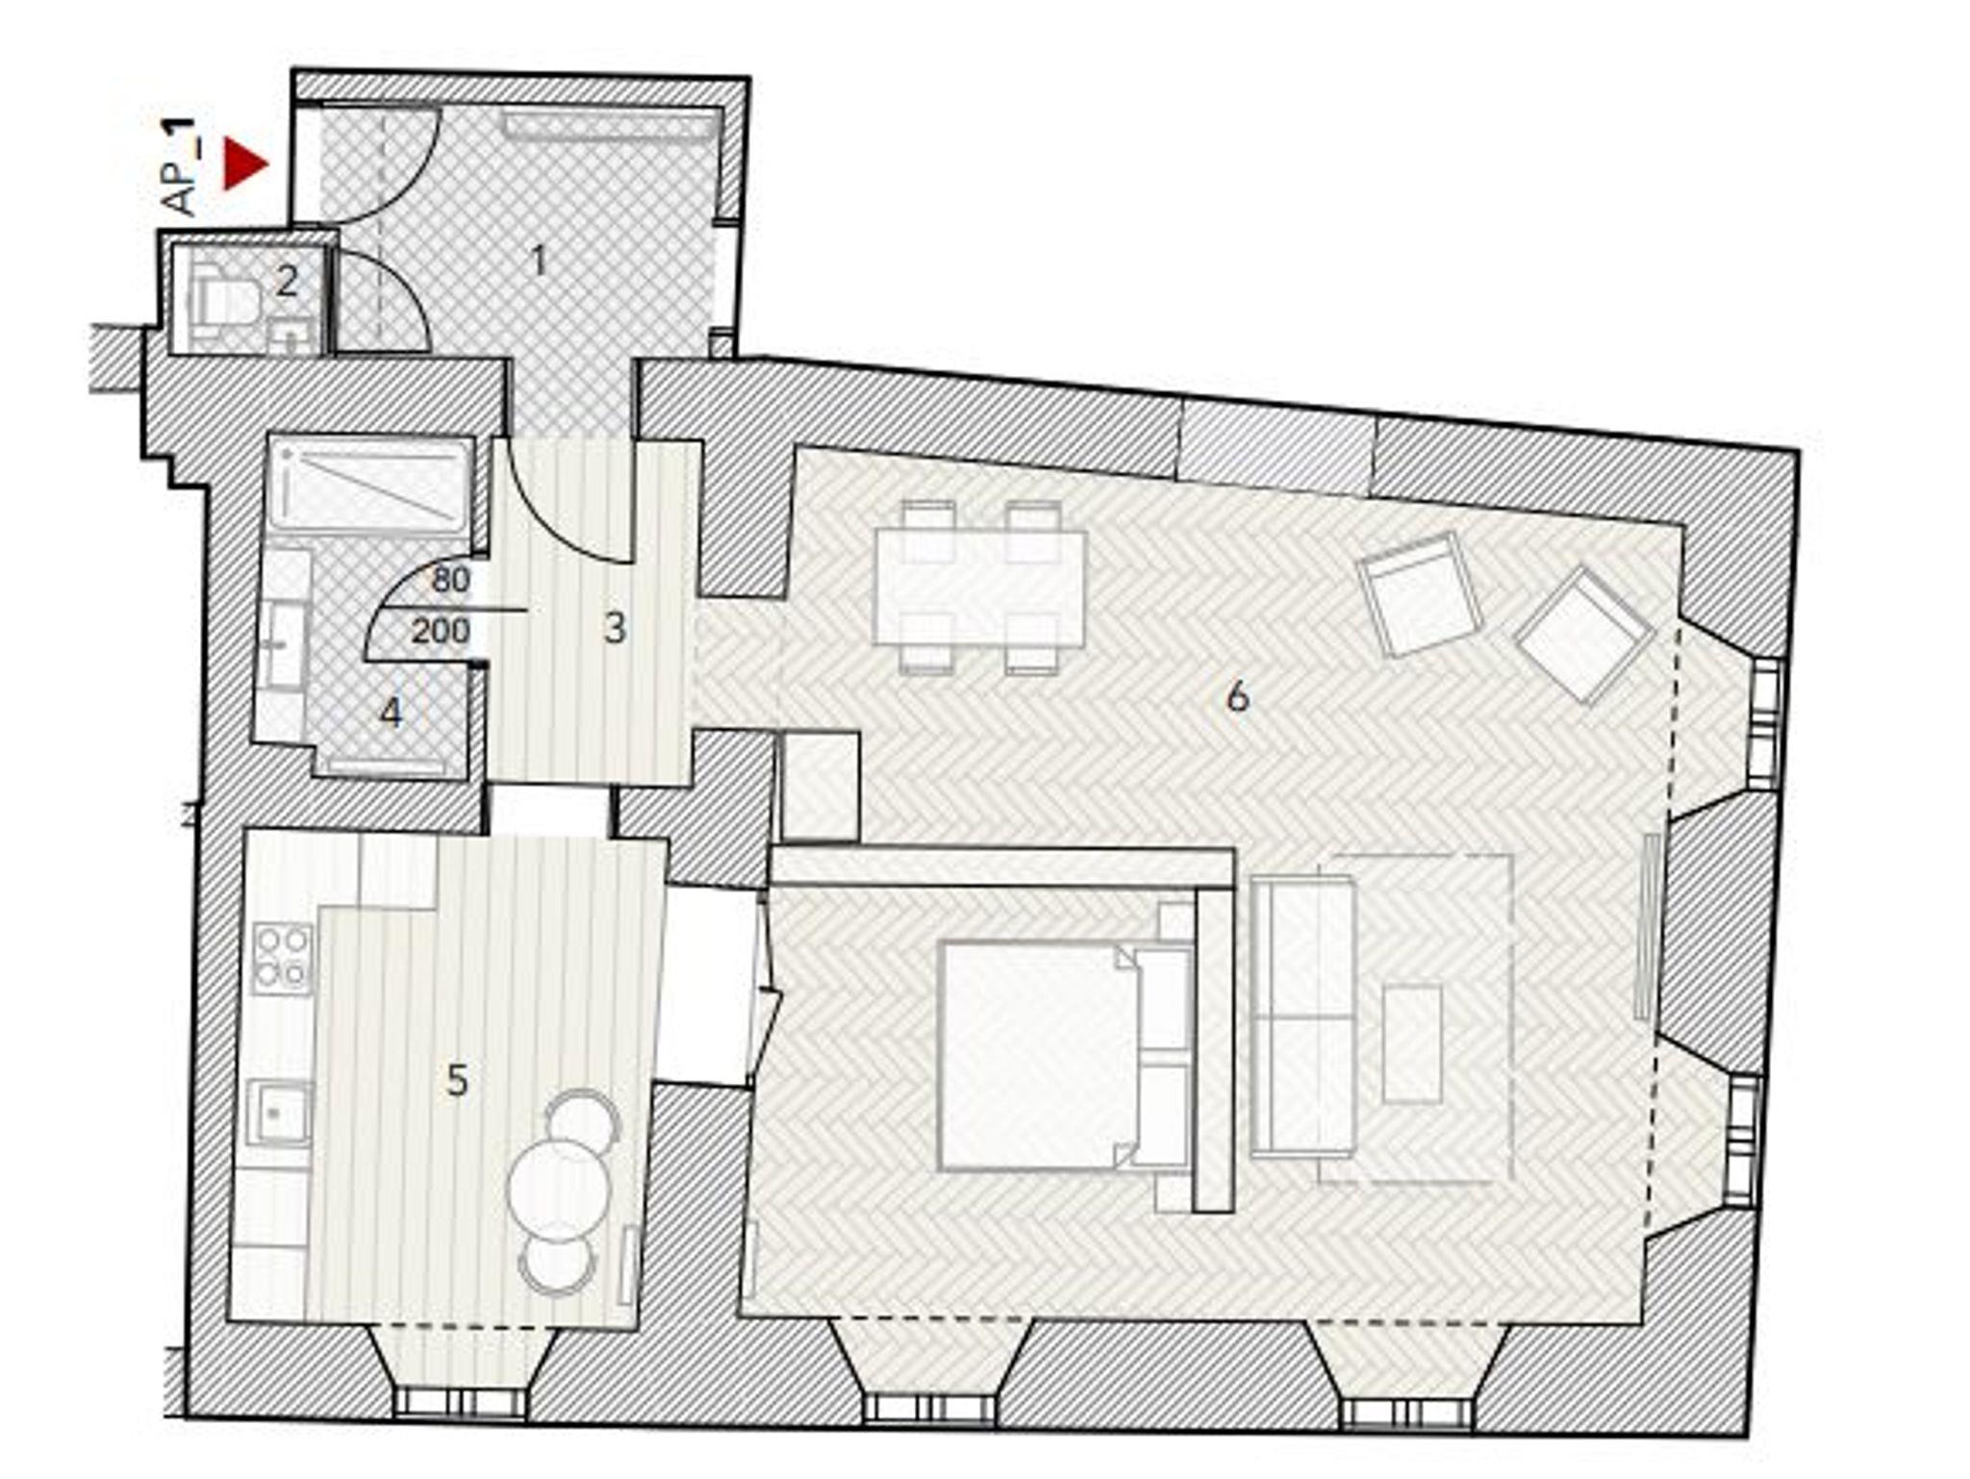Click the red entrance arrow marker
coord(243,164)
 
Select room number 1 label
coord(539,260)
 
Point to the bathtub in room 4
coord(370,486)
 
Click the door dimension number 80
coord(451,580)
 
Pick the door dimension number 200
coord(441,631)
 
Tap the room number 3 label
coord(615,629)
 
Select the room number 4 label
coord(391,713)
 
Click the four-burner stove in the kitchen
coord(282,958)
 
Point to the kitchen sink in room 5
coord(279,1113)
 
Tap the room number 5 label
coord(457,1081)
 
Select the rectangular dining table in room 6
coord(979,587)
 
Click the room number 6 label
coord(1237,696)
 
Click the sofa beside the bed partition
coord(1302,1016)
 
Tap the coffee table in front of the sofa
coord(1412,1043)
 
